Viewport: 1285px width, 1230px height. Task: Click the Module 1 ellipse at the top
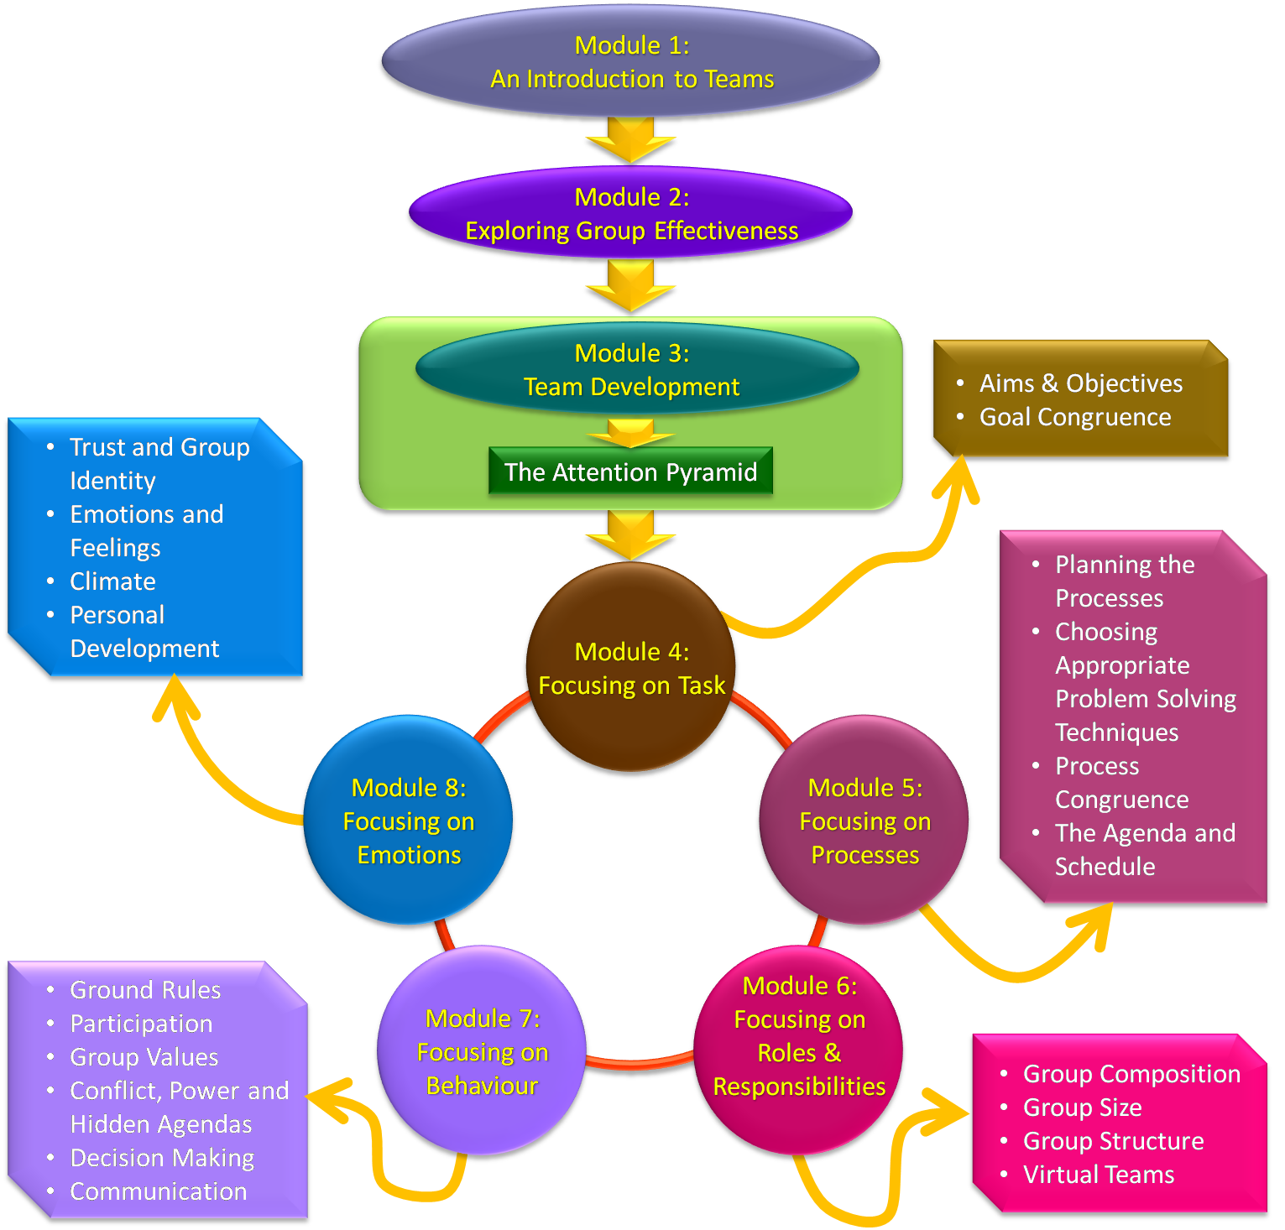(x=630, y=62)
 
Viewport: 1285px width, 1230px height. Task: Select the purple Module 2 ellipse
(x=630, y=214)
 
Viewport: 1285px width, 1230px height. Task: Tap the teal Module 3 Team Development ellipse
(x=635, y=370)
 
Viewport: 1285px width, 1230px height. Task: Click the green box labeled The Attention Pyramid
(x=630, y=472)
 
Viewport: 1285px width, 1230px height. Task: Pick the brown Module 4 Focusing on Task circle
(x=631, y=668)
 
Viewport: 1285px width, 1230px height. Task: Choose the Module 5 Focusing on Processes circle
(x=865, y=821)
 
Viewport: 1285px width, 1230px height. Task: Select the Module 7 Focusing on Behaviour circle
(x=482, y=1051)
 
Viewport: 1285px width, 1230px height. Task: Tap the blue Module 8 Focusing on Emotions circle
(x=409, y=821)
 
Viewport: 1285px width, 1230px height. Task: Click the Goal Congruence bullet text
(x=1074, y=417)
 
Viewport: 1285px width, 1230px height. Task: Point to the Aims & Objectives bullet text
(x=1080, y=383)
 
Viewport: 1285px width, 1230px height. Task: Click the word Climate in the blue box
(x=112, y=581)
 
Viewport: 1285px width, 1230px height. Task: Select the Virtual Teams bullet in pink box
(x=1098, y=1175)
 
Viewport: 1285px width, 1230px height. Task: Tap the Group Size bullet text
(x=1082, y=1108)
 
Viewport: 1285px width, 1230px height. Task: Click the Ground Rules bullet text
(x=145, y=990)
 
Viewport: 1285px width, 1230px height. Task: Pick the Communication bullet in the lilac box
(x=158, y=1191)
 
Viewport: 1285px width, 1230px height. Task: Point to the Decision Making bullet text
(x=162, y=1158)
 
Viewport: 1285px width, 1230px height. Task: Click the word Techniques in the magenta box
(x=1116, y=732)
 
